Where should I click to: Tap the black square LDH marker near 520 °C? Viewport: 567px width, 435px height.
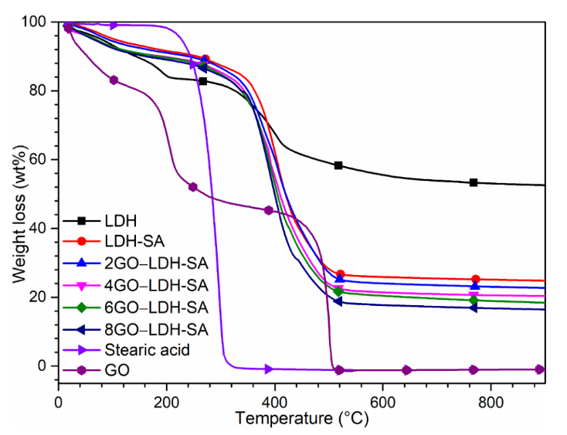click(x=338, y=165)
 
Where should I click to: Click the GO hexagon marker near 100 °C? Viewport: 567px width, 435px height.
click(x=114, y=80)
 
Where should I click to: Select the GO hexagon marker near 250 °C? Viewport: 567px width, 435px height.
click(x=193, y=187)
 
